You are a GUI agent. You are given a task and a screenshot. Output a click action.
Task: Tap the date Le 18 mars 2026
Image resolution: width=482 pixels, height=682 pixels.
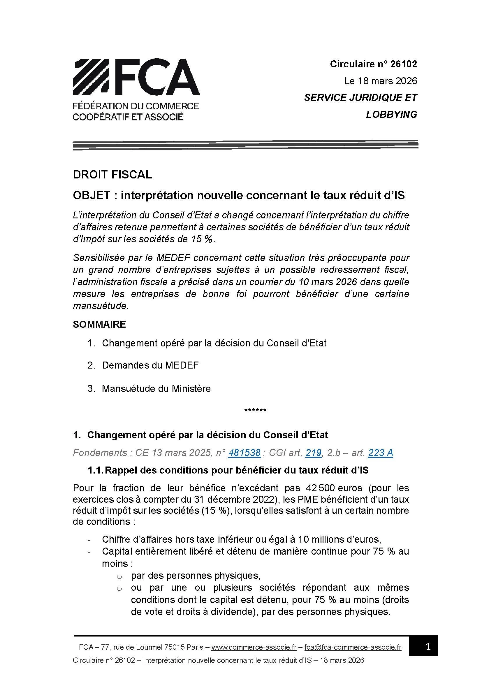(381, 81)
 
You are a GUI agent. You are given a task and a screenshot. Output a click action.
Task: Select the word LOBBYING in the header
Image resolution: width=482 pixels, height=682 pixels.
(391, 114)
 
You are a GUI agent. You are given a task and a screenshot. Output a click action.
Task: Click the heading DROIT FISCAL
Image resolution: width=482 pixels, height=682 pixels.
(112, 174)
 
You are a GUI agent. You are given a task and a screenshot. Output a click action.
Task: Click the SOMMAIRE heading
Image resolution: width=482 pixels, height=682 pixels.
(99, 324)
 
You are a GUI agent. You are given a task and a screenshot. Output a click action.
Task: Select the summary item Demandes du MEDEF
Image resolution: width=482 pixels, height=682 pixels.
(150, 365)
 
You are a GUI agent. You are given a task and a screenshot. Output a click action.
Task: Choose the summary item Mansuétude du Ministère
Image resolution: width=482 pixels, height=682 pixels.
(156, 388)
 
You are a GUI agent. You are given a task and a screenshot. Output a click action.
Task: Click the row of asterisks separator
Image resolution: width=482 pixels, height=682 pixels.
(255, 411)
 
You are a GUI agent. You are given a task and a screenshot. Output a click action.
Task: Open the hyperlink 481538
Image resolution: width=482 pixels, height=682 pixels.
(244, 453)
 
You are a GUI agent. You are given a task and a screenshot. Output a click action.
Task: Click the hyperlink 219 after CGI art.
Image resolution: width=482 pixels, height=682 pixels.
(314, 453)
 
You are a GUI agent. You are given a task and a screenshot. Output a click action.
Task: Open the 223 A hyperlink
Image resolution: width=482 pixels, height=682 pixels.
(381, 453)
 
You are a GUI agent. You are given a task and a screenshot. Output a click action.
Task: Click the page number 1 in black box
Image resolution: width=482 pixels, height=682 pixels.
(428, 647)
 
